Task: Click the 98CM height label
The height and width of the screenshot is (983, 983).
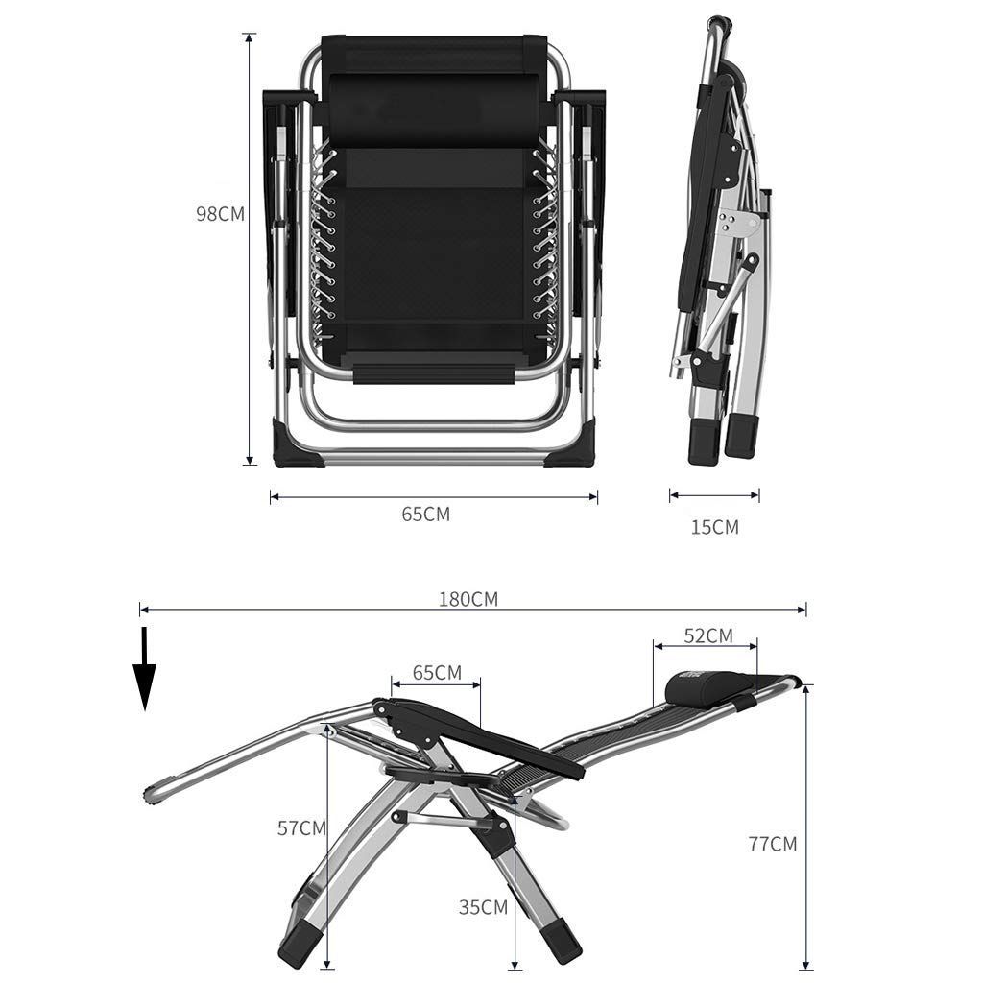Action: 220,214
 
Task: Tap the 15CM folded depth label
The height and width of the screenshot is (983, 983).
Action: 715,527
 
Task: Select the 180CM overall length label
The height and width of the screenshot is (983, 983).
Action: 468,600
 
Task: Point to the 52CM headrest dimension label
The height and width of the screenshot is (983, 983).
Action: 707,635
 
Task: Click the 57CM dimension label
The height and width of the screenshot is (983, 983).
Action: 301,827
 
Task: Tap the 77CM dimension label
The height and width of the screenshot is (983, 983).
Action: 772,844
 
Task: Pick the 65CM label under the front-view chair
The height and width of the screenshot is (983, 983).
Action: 425,515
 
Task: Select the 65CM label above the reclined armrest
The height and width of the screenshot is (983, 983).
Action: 437,672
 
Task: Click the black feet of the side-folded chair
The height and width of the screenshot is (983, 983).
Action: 722,439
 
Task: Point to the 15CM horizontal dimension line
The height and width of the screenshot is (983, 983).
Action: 714,496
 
